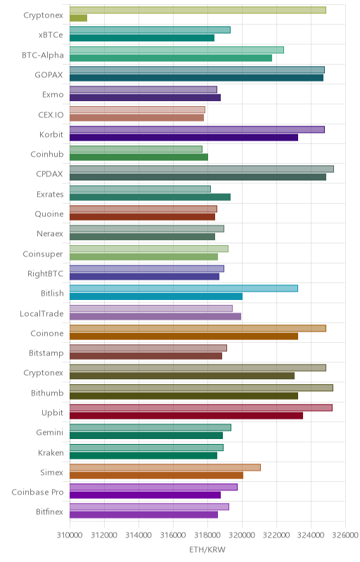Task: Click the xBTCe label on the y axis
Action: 51,34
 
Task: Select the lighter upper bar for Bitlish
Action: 184,288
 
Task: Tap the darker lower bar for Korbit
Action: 184,137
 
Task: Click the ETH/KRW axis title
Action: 207,549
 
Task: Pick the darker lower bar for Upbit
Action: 186,415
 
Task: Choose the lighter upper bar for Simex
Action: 165,467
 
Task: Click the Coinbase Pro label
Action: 37,492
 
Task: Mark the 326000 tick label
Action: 345,535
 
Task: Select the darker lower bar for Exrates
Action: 150,197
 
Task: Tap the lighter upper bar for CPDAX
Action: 202,169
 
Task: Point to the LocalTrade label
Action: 41,313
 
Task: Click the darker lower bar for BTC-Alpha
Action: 171,58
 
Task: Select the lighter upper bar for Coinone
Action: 198,328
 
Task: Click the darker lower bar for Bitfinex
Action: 143,515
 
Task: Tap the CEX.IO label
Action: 51,115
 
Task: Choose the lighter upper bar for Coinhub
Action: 136,149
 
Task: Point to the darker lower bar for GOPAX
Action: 196,78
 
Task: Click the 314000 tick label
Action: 139,535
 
